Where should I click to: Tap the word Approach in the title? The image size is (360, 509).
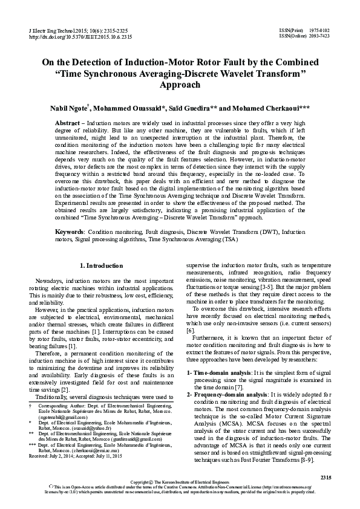(x=180, y=85)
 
